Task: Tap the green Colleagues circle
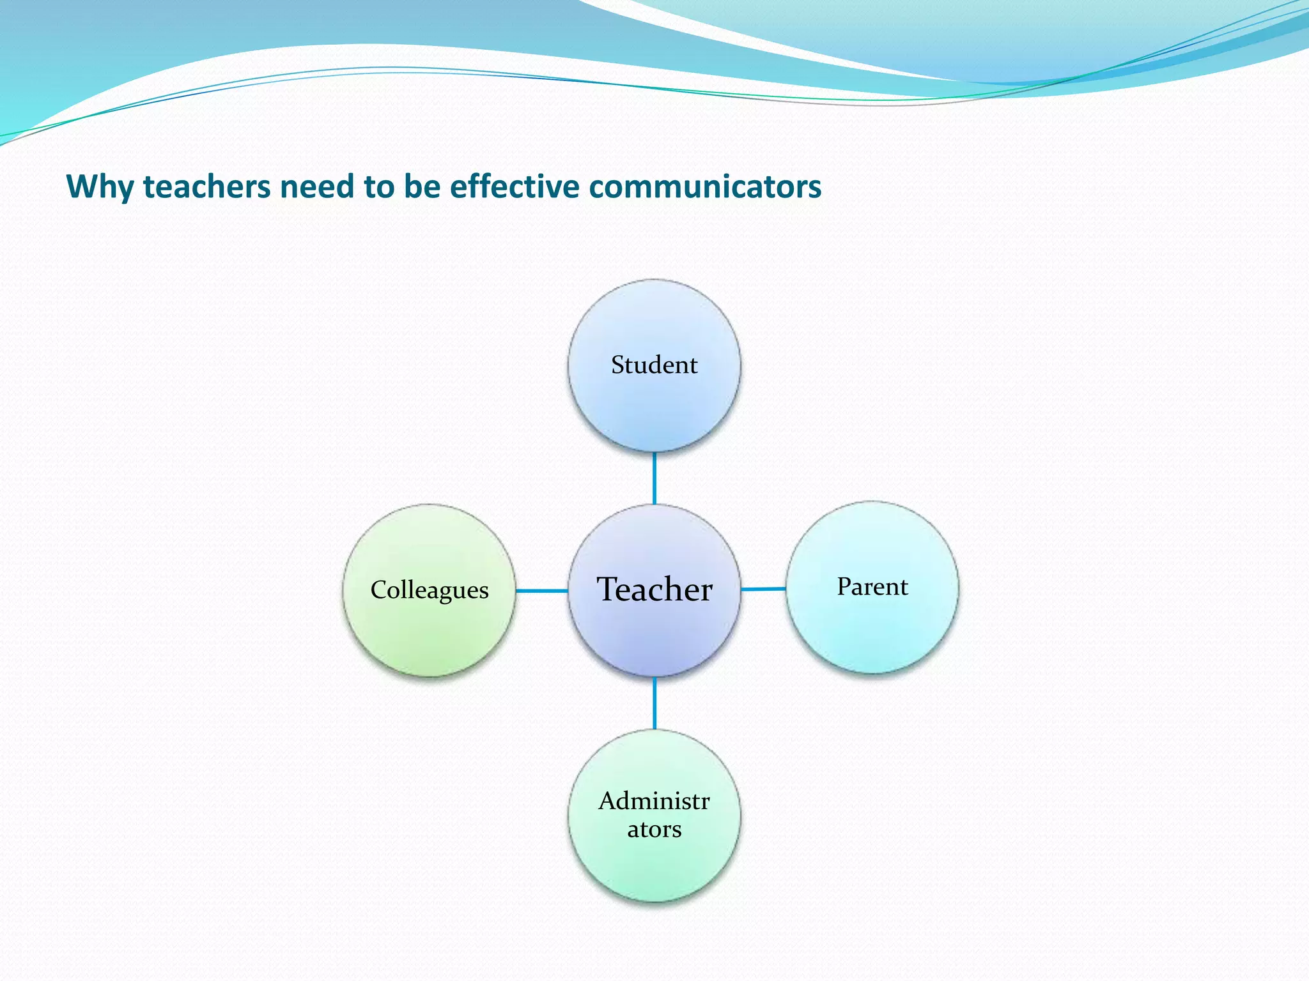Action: click(x=429, y=632)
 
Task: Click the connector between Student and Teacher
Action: click(x=654, y=478)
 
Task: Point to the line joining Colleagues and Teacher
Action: click(x=541, y=591)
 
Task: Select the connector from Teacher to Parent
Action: click(x=763, y=589)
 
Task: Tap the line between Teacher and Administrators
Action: click(x=654, y=703)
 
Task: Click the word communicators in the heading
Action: click(x=705, y=187)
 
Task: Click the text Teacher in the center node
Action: click(x=654, y=589)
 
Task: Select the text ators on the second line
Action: click(x=654, y=830)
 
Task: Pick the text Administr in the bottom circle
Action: click(x=654, y=801)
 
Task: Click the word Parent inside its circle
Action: click(x=872, y=586)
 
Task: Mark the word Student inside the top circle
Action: click(x=654, y=365)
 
